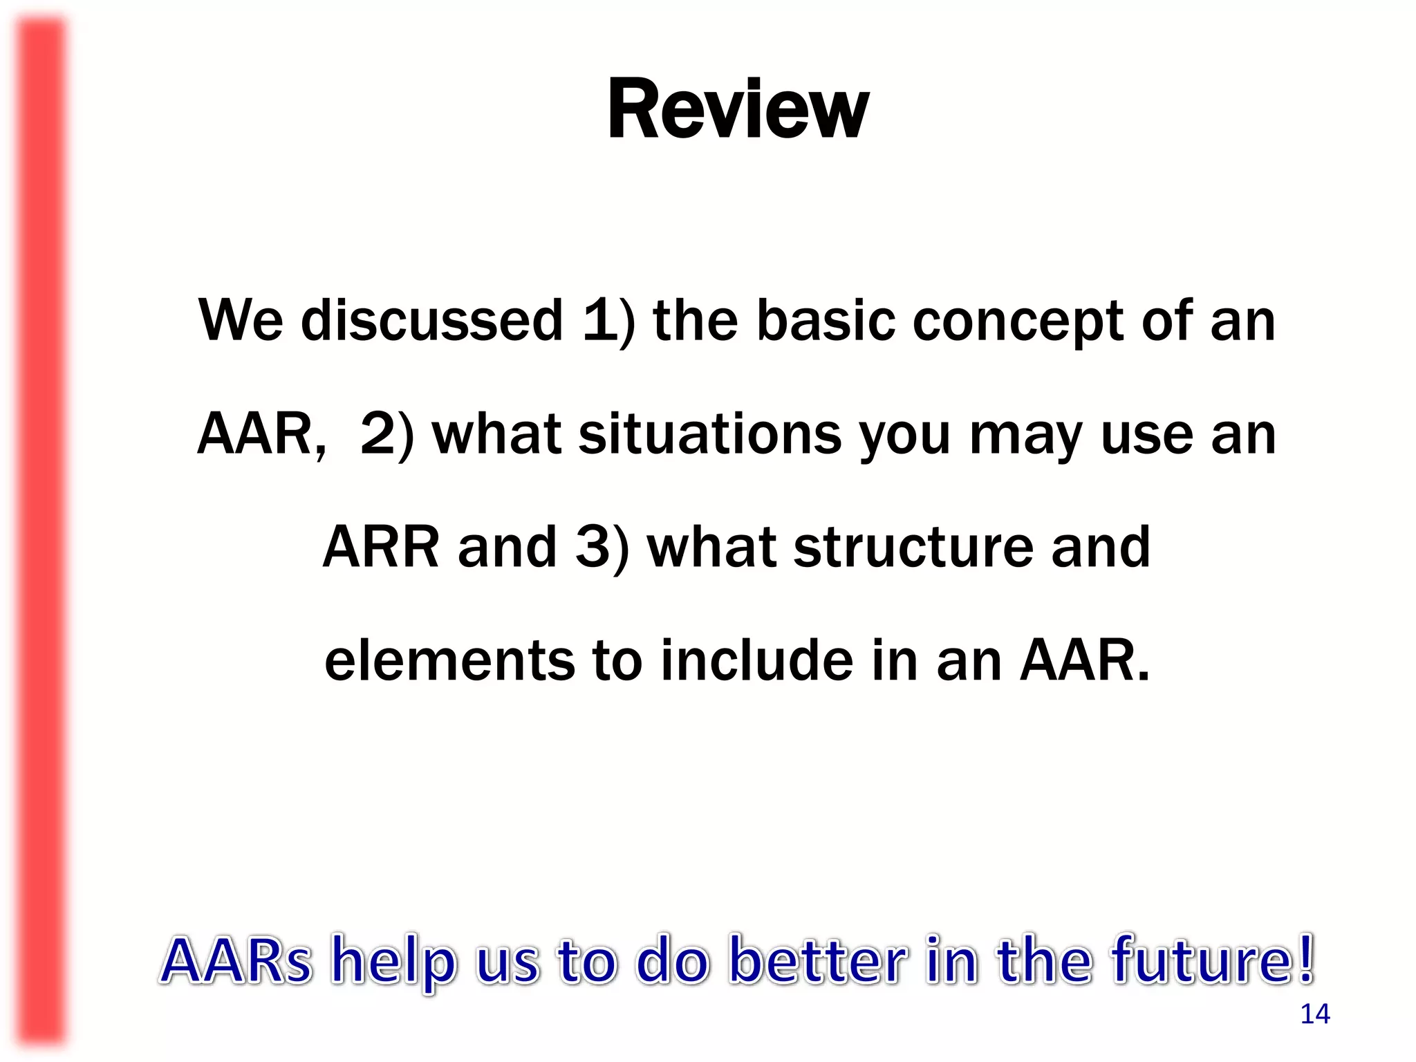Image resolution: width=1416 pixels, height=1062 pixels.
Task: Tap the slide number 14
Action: coord(1314,1014)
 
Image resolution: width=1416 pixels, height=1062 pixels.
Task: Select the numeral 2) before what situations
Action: coord(386,434)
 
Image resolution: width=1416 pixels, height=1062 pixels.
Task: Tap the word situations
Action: coord(710,434)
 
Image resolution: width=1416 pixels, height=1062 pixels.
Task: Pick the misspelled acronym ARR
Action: coord(380,547)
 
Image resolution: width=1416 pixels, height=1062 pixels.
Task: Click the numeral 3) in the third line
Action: coord(602,547)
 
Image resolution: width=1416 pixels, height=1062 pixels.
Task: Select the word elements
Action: coord(449,660)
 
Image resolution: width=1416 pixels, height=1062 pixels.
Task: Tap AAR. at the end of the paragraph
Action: coord(1085,660)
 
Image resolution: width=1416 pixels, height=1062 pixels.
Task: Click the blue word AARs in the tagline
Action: coord(236,960)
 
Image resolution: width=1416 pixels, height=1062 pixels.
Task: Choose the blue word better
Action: coord(818,960)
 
